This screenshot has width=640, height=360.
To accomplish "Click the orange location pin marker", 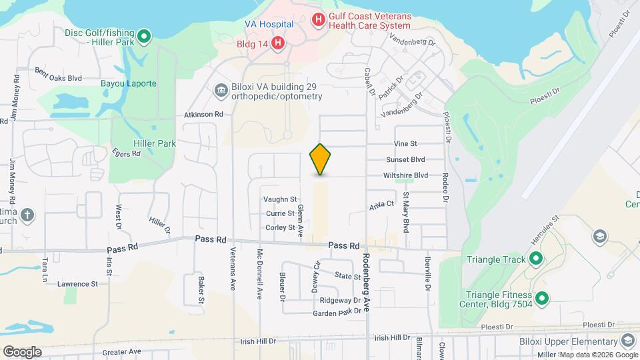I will [x=321, y=159].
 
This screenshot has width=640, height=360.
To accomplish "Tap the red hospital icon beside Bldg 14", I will [x=278, y=44].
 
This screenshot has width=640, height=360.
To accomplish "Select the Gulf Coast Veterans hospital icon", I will [x=319, y=19].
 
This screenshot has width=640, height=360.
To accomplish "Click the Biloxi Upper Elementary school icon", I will [x=627, y=341].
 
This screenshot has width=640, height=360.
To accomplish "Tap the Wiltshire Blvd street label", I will [x=405, y=175].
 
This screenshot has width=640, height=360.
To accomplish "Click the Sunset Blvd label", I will [x=405, y=160].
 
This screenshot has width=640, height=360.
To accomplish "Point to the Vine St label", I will [x=405, y=143].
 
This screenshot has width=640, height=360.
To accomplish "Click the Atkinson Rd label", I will [x=203, y=115].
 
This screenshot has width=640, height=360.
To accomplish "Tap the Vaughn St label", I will [x=279, y=199].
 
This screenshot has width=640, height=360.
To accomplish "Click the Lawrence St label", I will [x=77, y=284].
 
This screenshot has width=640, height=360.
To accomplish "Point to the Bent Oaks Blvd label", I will [x=58, y=78].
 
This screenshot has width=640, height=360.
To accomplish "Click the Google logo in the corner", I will [x=22, y=351].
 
